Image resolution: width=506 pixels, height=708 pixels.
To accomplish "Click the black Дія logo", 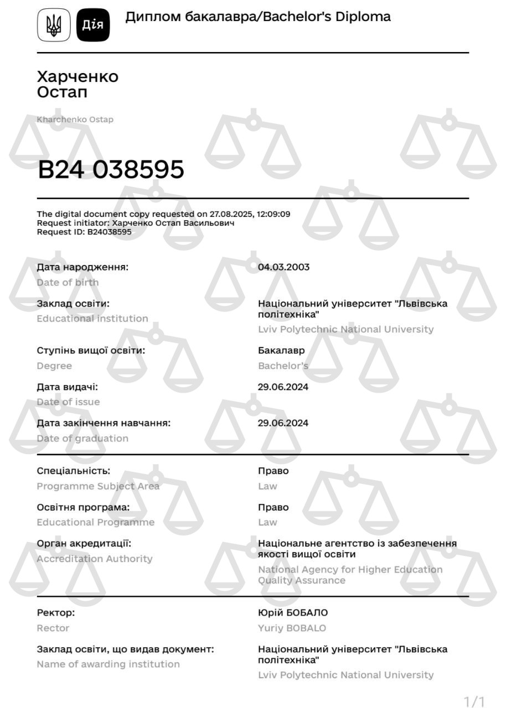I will click(93, 25).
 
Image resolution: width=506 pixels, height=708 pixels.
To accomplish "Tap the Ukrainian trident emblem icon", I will click(54, 25).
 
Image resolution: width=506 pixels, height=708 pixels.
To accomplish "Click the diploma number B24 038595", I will click(111, 169).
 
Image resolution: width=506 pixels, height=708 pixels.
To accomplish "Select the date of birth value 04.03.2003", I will click(283, 267).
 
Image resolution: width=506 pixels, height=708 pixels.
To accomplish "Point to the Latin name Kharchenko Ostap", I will click(75, 119).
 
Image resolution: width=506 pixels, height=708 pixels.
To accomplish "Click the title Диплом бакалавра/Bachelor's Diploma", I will click(258, 17).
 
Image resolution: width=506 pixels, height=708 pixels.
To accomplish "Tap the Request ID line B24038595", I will click(84, 232).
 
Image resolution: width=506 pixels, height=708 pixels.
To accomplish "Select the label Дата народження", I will click(82, 267).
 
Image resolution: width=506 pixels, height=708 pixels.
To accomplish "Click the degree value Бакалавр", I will click(281, 351).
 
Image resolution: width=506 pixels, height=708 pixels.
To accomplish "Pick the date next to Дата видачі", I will click(283, 387).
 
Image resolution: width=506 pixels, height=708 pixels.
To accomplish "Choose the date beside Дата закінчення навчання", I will click(283, 423).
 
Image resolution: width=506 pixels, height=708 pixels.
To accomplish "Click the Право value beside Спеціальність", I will click(273, 471).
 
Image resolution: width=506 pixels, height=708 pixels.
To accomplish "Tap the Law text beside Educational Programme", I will click(267, 522).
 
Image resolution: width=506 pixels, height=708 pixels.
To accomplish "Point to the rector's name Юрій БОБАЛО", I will click(293, 613).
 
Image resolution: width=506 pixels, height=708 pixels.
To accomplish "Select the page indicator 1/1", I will click(474, 702).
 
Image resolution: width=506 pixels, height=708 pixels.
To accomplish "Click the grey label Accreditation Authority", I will click(95, 559).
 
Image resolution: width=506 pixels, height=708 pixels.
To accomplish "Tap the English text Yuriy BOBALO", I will click(292, 628).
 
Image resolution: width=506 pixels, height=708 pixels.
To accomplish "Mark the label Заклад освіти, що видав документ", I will click(125, 649).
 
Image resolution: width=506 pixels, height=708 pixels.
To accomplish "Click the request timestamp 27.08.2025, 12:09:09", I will click(250, 214).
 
